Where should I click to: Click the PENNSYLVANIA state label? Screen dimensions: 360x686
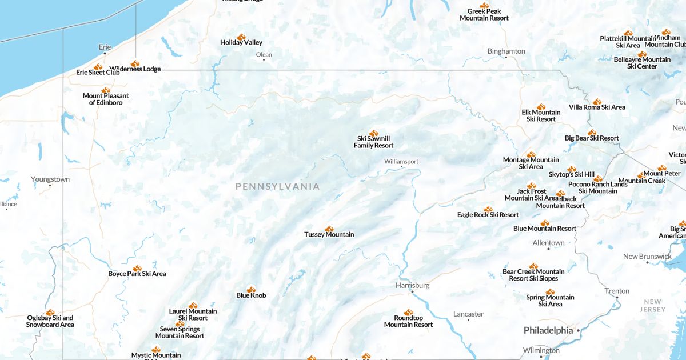277,186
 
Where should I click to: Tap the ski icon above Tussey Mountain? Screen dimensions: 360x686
329,229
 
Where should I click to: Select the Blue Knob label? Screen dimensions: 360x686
251,295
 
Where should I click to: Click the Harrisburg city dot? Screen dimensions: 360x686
412,292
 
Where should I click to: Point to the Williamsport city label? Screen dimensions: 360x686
401,162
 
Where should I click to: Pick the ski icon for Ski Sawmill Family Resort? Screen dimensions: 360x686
374,133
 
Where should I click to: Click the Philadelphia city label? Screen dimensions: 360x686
548,330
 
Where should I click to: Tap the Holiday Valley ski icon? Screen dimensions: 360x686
241,37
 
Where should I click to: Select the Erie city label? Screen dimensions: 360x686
105,47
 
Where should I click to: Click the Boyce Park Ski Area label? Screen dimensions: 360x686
137,274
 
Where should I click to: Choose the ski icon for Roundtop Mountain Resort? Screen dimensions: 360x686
408,313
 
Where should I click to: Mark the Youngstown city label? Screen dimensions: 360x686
50,179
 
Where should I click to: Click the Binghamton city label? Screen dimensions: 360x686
506,51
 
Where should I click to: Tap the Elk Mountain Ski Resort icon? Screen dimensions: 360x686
541,107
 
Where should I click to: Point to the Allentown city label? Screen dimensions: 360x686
548,243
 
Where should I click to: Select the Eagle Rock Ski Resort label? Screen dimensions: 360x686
488,215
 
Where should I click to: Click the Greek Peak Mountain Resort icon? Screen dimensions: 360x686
484,6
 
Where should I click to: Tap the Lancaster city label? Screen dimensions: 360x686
468,314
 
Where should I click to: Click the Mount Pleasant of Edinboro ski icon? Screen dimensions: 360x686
106,90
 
